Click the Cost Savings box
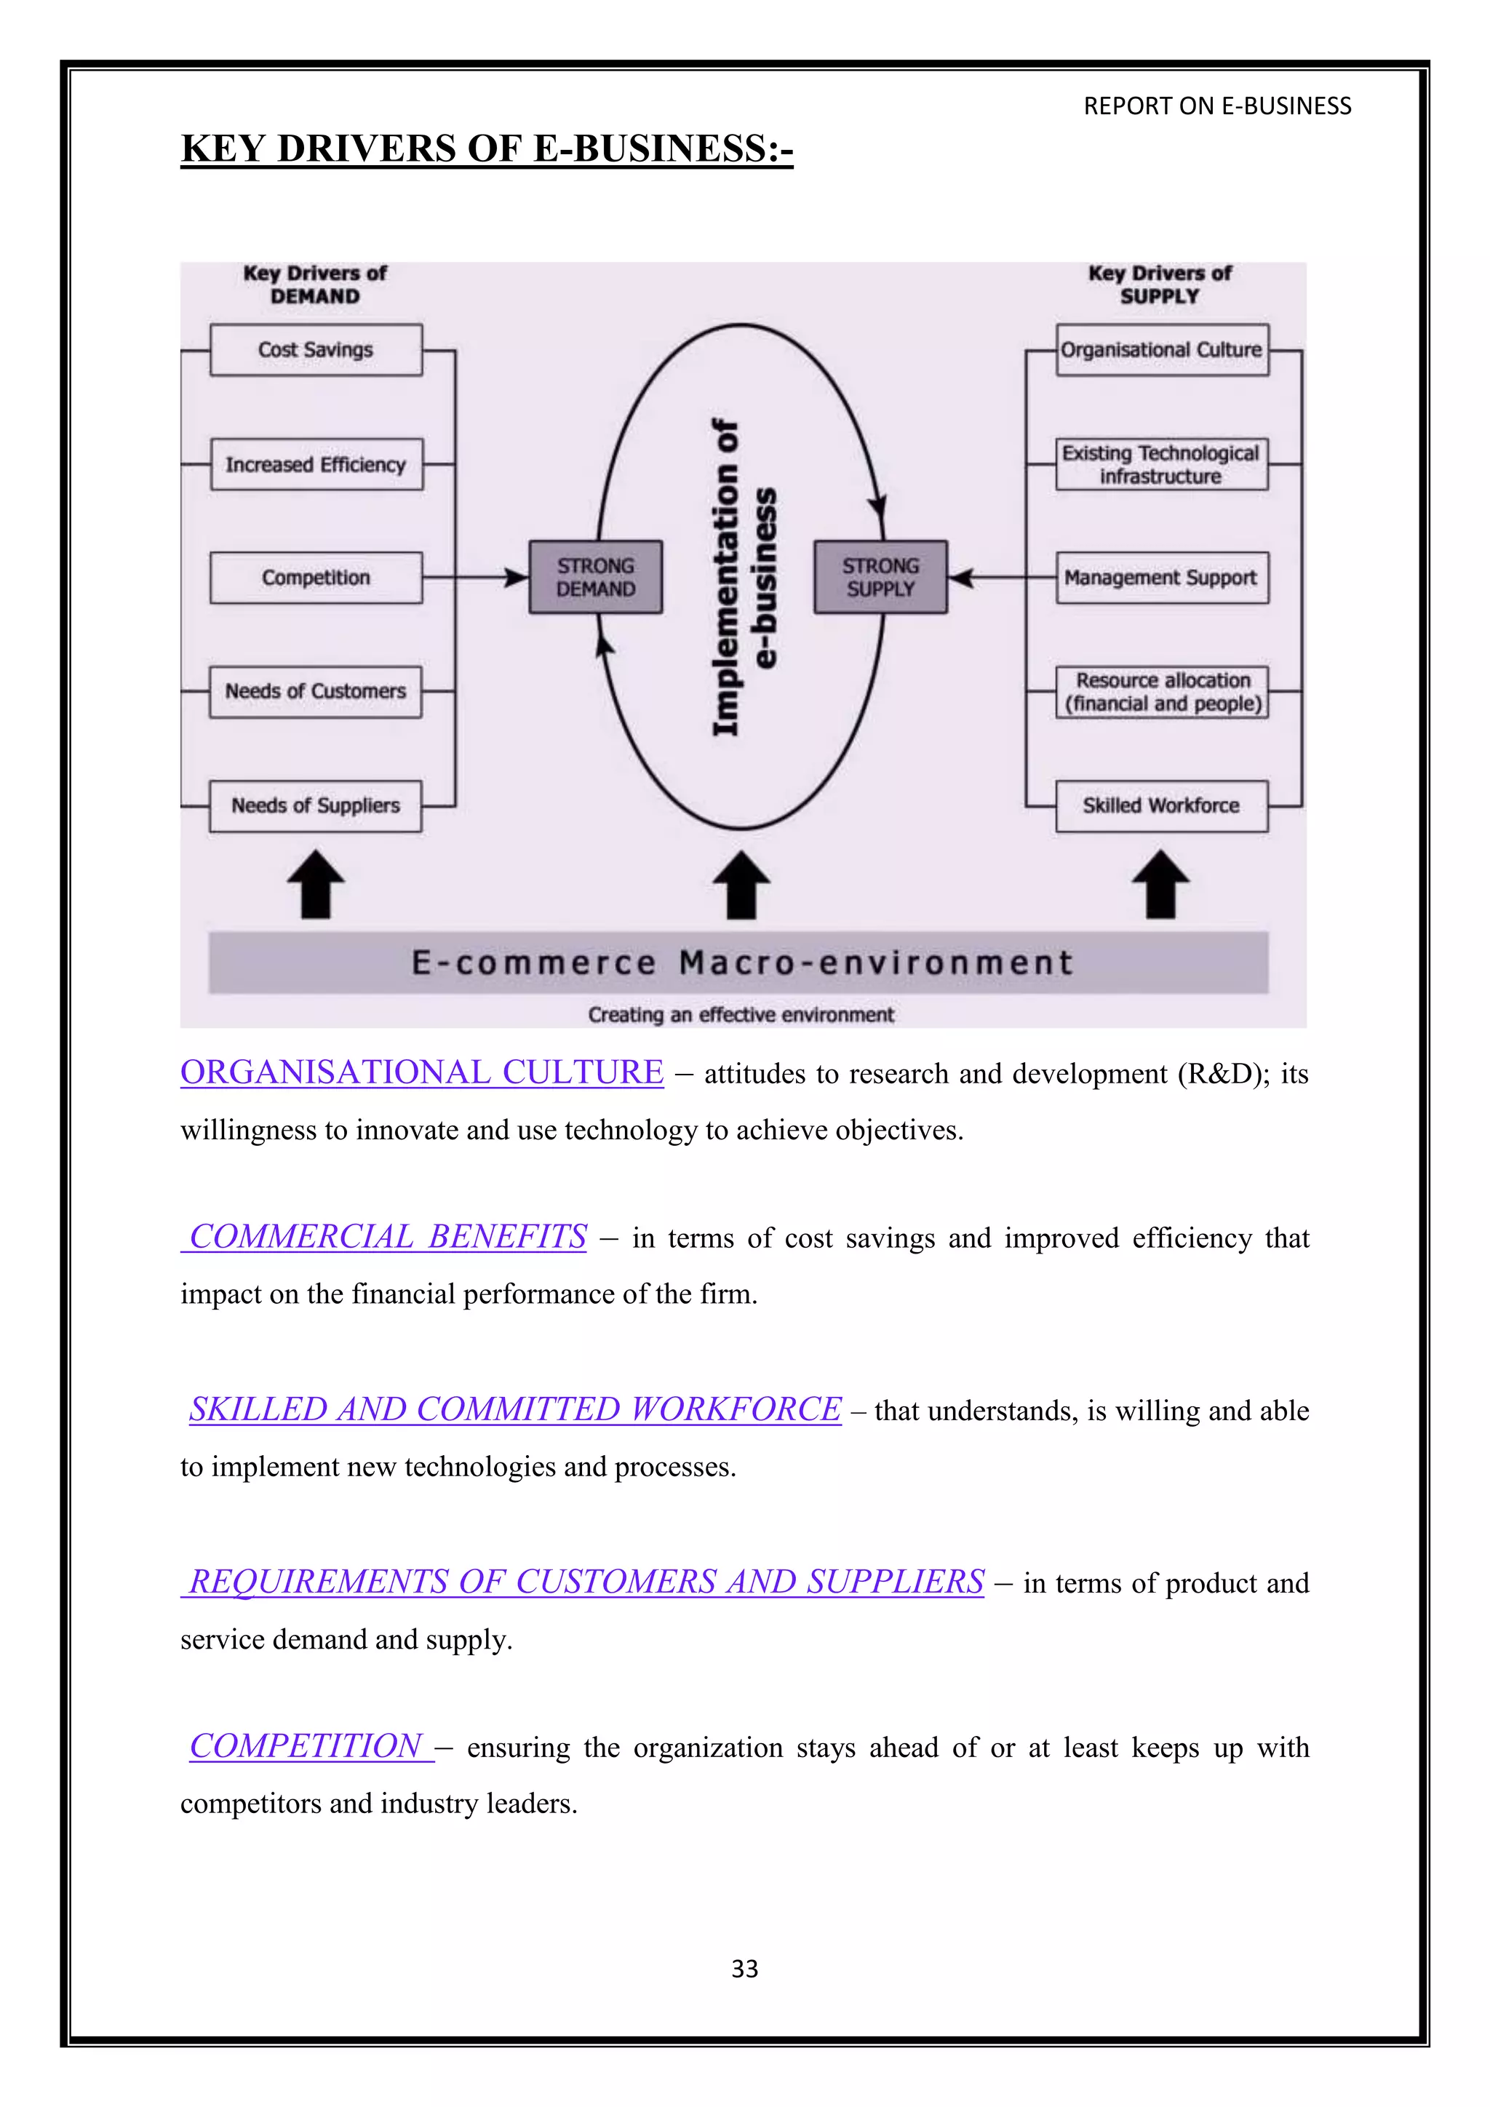coord(316,350)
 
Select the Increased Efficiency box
coord(316,464)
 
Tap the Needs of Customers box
coord(316,692)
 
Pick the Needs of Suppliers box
coord(316,805)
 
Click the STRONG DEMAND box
coord(595,577)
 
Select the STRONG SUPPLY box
coord(880,577)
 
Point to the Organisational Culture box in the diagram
coord(1162,350)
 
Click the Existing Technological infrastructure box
coord(1162,464)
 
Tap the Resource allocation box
coord(1162,692)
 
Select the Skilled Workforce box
coord(1162,805)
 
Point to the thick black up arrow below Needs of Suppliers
coord(316,884)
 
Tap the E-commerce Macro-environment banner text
coord(741,963)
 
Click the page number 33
coord(744,1969)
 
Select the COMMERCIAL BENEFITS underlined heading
coord(387,1237)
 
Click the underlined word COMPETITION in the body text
coord(306,1746)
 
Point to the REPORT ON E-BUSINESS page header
coord(1216,106)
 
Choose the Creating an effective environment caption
coord(741,1015)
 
